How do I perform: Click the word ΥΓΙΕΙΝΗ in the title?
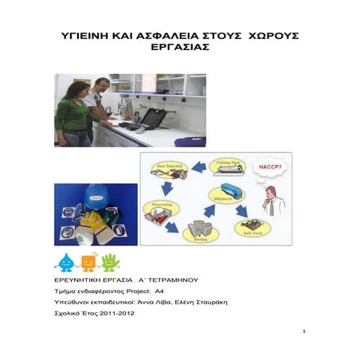(90, 37)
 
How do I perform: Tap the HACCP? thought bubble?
(268, 167)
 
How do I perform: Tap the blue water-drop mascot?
(64, 262)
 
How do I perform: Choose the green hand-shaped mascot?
(110, 262)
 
